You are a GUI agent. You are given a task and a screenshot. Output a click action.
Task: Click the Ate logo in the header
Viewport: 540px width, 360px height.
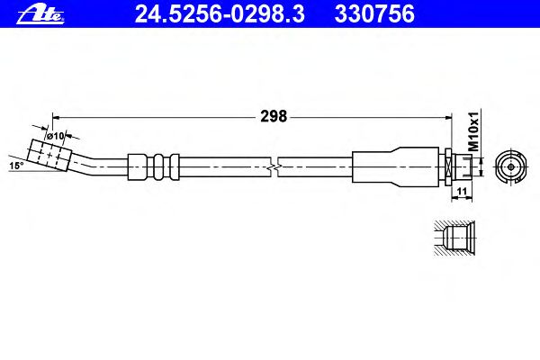pyautogui.click(x=40, y=14)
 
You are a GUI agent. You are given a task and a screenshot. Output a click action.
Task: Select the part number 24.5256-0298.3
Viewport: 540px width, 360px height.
pyautogui.click(x=220, y=13)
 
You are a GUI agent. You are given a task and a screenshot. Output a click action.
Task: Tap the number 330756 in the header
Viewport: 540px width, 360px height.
pyautogui.click(x=374, y=13)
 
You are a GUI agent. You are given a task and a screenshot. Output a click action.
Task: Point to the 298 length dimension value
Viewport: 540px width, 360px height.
pyautogui.click(x=274, y=116)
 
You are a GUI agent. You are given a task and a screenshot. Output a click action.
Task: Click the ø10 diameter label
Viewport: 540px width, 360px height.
pyautogui.click(x=56, y=136)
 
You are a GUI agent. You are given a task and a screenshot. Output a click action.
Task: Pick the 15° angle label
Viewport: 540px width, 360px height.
pyautogui.click(x=16, y=166)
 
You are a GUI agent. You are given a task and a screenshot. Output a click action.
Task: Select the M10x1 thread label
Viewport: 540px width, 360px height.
pyautogui.click(x=474, y=131)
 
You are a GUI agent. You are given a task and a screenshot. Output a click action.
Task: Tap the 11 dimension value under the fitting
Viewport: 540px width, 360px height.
pyautogui.click(x=462, y=191)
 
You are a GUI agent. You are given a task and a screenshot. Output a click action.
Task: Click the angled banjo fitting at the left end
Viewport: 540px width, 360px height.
pyautogui.click(x=49, y=155)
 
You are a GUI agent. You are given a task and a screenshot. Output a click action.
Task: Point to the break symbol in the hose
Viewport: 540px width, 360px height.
pyautogui.click(x=274, y=167)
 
